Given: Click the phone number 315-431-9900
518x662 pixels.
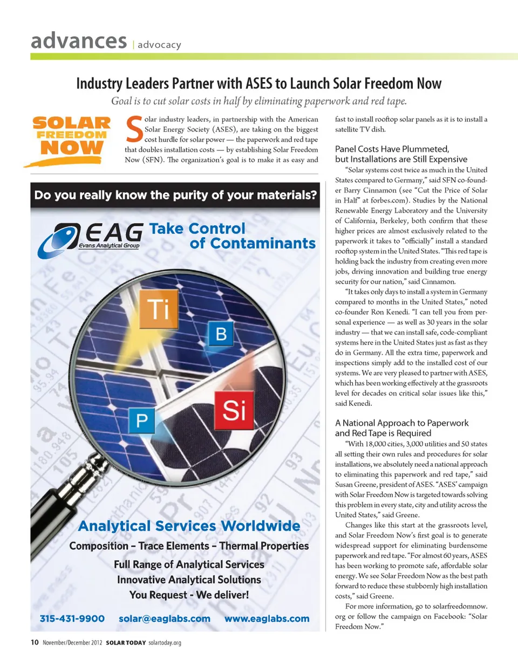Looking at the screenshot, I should coord(72,618).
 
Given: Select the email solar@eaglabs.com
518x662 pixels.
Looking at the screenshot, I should coord(164,618).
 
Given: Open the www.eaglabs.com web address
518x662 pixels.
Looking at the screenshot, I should coord(267,618).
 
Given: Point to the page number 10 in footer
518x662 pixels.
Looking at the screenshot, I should coord(34,643).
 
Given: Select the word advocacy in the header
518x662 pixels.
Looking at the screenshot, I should coord(159,45).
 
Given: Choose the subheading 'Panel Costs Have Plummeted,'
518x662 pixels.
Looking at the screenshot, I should coord(392,148).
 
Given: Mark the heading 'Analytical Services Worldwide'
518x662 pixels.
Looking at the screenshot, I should coord(189,526).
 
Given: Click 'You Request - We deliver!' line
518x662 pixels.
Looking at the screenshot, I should coord(189,596).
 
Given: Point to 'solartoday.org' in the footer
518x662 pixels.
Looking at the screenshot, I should coord(164,643).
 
